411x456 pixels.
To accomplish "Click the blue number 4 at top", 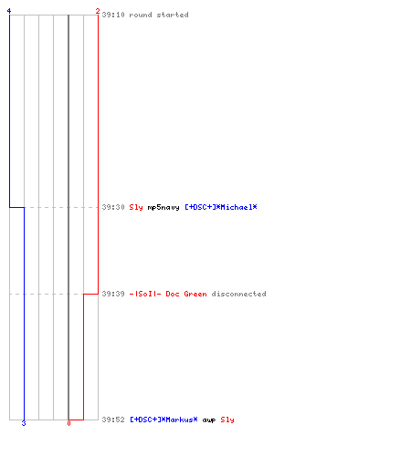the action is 9,11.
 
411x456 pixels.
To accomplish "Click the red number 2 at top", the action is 98,11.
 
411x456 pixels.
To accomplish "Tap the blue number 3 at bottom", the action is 24,423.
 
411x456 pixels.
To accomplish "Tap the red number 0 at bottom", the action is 68,423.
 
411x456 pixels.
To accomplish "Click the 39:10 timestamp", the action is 113,15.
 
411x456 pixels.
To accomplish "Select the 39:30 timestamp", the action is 113,207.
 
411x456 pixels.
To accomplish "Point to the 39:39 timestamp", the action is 113,294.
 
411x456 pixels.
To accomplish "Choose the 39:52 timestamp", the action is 113,420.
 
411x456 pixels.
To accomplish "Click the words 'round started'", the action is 159,15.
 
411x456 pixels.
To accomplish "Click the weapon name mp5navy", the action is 163,207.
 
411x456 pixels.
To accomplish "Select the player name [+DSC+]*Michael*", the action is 221,207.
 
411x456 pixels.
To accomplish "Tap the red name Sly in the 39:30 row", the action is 136,207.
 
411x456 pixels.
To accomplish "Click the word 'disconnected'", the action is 239,294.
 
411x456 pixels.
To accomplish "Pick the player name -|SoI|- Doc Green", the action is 168,294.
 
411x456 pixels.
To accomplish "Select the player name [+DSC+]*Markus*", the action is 163,420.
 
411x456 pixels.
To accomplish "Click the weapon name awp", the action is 209,420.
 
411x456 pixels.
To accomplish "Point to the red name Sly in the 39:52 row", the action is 227,420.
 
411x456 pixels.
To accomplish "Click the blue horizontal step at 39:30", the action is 16,207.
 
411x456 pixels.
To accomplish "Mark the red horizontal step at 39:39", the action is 90,294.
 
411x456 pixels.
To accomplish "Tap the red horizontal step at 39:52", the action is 76,420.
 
